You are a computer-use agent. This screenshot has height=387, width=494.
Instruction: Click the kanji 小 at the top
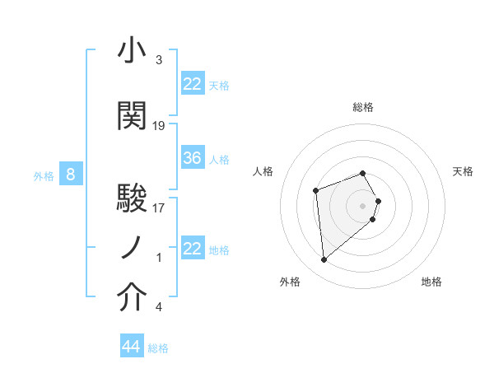[132, 51]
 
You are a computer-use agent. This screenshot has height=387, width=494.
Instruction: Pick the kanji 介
[132, 298]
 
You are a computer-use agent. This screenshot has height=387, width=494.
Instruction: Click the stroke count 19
[159, 126]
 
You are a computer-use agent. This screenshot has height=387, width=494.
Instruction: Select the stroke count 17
[159, 208]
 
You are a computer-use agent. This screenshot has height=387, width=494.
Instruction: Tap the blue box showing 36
[193, 158]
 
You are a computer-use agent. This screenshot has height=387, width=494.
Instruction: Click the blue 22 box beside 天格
[193, 84]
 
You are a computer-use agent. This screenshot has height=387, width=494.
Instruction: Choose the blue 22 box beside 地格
[193, 249]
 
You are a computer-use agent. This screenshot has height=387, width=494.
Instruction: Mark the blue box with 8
[71, 175]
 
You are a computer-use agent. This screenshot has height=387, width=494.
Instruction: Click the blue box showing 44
[131, 347]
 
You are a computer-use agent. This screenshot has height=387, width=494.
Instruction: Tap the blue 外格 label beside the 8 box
[43, 175]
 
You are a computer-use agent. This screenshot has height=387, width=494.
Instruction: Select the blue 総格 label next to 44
[158, 348]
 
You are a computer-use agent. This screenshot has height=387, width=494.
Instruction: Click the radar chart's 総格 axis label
[363, 107]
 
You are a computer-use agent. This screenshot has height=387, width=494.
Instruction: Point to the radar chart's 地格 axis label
[431, 282]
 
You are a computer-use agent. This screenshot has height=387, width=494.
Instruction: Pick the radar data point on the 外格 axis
[324, 260]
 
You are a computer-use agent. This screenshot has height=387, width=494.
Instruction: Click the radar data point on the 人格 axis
[316, 192]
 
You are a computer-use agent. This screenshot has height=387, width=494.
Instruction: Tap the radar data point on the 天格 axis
[378, 200]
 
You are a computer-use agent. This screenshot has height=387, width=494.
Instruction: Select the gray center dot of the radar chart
[363, 205]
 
